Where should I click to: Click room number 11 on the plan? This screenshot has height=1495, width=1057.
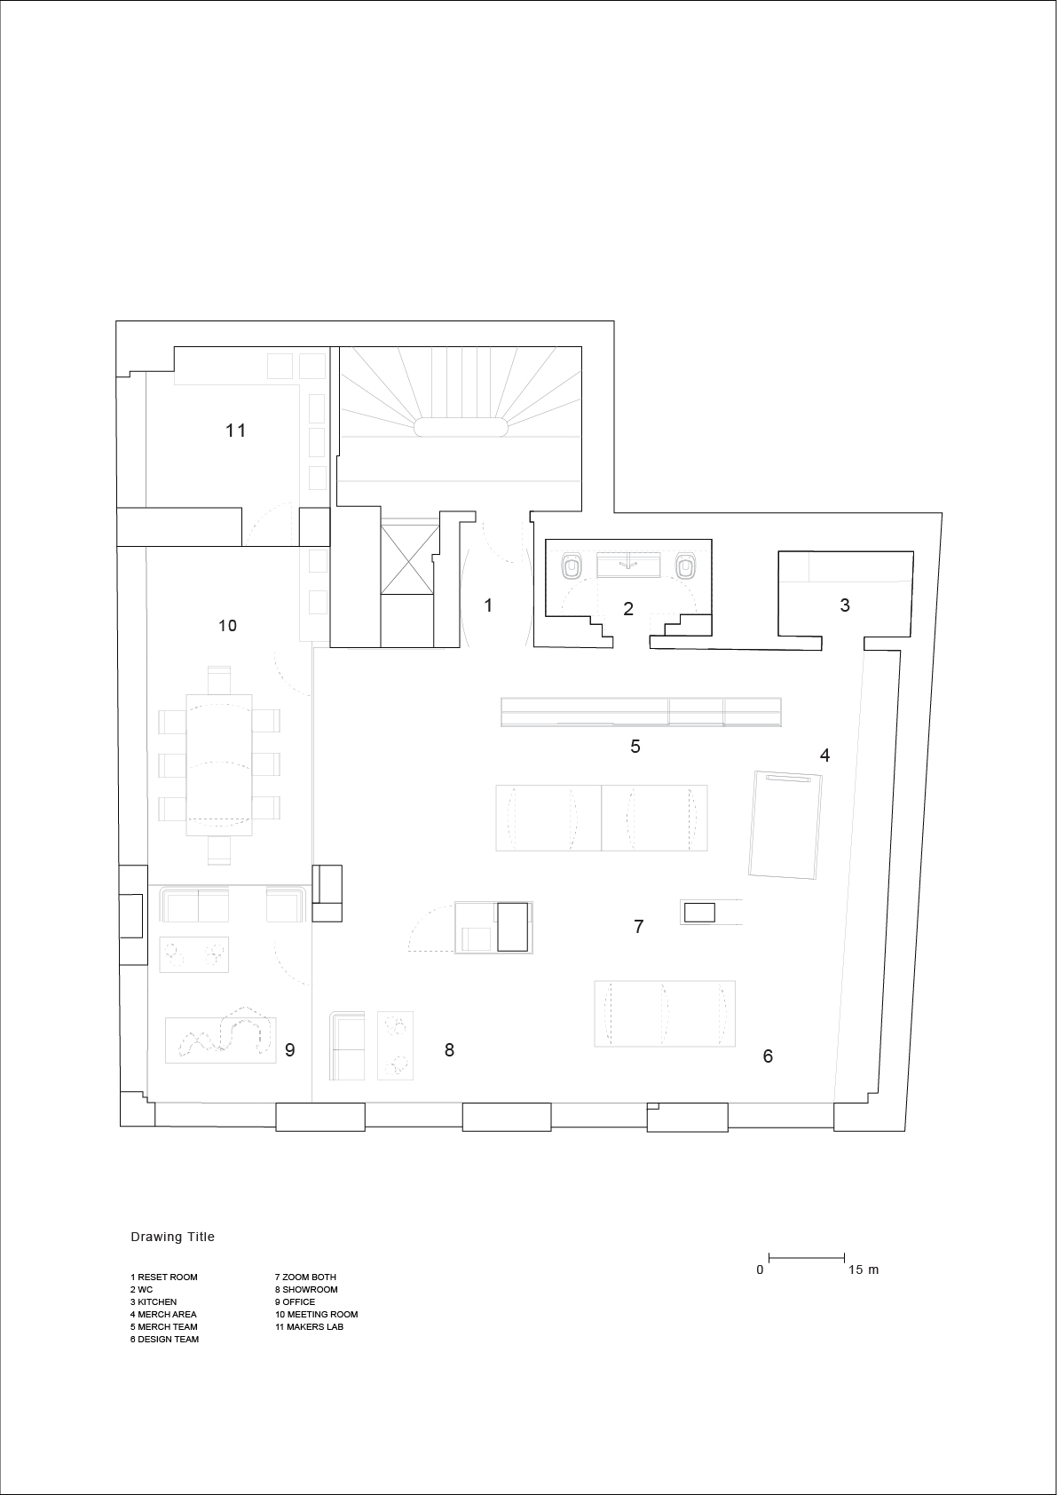pos(235,431)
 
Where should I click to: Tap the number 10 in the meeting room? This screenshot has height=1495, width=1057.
pos(227,625)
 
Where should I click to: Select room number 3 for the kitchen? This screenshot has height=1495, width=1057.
pos(845,605)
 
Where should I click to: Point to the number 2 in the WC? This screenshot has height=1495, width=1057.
pos(628,609)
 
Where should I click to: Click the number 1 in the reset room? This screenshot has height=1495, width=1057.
pos(488,605)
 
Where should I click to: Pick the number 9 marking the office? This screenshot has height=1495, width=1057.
pos(289,1050)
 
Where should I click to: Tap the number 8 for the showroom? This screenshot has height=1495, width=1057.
pos(449,1050)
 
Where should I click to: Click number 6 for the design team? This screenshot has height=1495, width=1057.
pos(768,1056)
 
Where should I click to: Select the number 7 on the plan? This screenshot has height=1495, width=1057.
pos(639,926)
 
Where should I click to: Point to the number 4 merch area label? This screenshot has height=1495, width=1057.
pos(824,755)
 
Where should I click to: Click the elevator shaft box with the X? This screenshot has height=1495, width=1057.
pos(410,559)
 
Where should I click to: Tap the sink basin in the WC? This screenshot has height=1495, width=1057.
pos(628,565)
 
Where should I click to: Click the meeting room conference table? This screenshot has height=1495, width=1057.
pos(219,765)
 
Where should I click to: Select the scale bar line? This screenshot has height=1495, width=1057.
pos(807,1258)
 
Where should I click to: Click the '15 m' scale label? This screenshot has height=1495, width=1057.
pos(864,1270)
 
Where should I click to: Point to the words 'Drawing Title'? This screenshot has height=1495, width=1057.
pos(173,1237)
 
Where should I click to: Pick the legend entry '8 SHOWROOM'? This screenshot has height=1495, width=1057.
pos(306,1289)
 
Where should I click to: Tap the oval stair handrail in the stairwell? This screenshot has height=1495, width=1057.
pos(461,427)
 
